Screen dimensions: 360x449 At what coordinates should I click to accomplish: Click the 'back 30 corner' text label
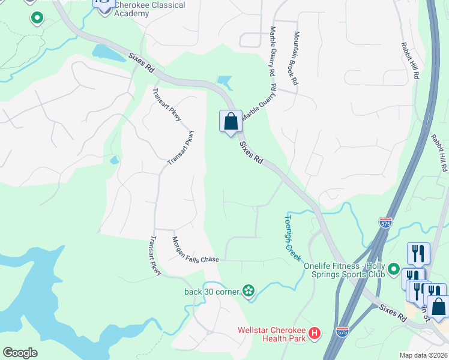pos(212,292)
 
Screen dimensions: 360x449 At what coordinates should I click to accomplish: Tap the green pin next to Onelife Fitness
pos(394,269)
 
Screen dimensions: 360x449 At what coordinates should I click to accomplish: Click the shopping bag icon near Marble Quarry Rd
pos(231,122)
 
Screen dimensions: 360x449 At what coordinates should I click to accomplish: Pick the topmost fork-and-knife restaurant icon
pos(418,253)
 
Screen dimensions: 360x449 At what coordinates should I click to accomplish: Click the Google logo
pos(20,353)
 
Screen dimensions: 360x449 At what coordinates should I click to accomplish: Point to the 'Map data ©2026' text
pos(423,355)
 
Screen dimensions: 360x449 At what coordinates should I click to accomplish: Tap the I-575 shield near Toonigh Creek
pos(386,223)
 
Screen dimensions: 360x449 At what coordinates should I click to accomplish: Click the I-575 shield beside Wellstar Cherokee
pos(342,331)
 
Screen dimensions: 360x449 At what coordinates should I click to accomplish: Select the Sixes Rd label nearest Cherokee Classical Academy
pos(142,63)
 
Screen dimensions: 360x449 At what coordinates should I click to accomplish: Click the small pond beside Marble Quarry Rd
pos(224,81)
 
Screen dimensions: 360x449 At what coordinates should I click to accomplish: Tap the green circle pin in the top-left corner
pos(37,18)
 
